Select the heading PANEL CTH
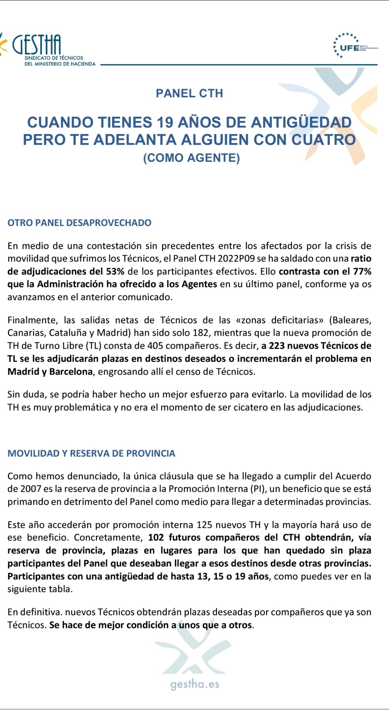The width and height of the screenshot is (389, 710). click(189, 93)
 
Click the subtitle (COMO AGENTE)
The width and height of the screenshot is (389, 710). click(191, 158)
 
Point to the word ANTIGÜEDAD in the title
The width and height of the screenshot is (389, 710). click(301, 122)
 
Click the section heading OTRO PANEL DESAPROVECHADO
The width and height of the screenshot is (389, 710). click(79, 222)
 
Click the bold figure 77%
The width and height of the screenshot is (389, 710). click(362, 271)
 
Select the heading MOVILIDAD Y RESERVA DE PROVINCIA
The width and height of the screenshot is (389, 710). click(91, 453)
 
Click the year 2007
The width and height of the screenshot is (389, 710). click(30, 489)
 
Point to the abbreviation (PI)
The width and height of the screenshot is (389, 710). click(258, 489)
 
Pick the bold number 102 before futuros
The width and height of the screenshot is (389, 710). click(156, 538)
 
